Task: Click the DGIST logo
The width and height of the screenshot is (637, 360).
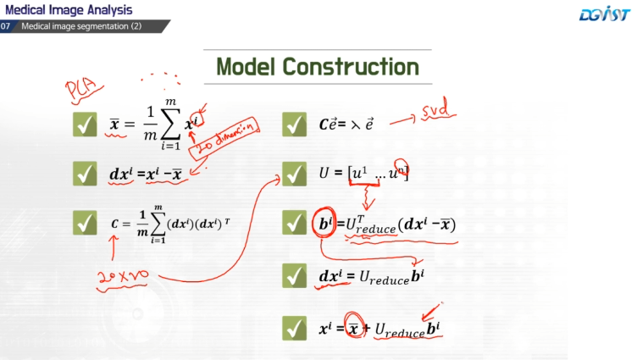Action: tap(603, 14)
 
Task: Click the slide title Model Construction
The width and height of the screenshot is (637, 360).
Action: tap(318, 65)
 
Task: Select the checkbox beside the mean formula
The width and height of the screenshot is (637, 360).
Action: tap(85, 126)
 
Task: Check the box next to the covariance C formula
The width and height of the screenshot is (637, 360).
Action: tap(85, 223)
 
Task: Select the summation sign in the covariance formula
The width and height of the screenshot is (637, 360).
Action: tap(158, 224)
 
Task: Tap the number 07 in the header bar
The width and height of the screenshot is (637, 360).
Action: tap(7, 26)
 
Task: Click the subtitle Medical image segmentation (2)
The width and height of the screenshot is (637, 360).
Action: tap(81, 26)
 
